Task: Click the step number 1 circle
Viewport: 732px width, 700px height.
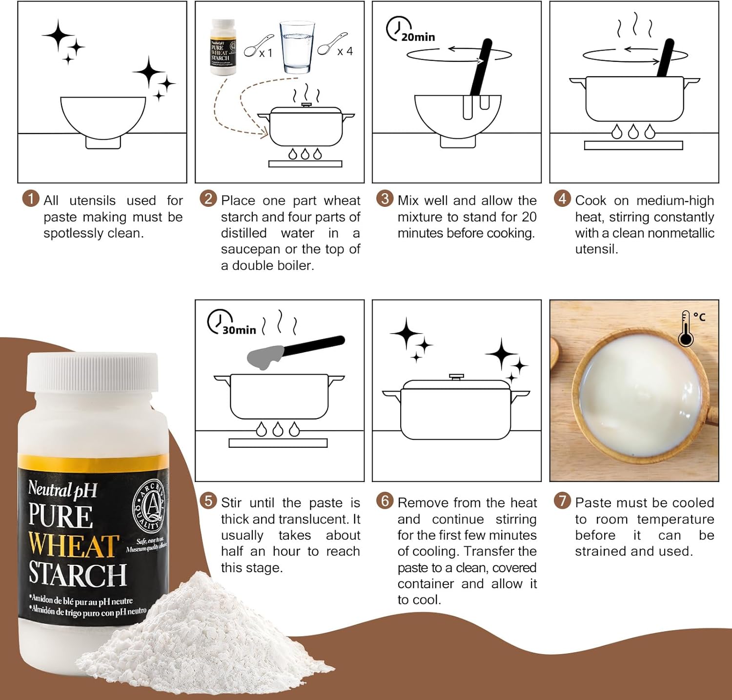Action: coord(31,199)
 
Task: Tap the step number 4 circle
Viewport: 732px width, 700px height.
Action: coord(562,199)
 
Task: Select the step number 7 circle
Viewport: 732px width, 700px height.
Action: coord(562,500)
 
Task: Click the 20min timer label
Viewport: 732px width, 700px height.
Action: coord(418,37)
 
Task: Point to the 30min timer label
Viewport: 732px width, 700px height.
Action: coord(239,330)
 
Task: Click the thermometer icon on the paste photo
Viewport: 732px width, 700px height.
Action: coord(686,328)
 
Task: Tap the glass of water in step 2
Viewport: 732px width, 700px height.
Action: coord(297,47)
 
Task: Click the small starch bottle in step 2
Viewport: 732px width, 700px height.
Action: coord(223,47)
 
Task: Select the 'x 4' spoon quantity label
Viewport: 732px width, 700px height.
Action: coord(345,51)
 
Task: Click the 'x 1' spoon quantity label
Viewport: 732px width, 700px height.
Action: coord(266,53)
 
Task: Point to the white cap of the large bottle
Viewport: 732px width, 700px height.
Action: coord(93,372)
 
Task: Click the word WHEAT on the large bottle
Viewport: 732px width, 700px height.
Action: coord(73,545)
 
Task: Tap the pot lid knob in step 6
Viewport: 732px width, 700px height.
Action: coord(456,377)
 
